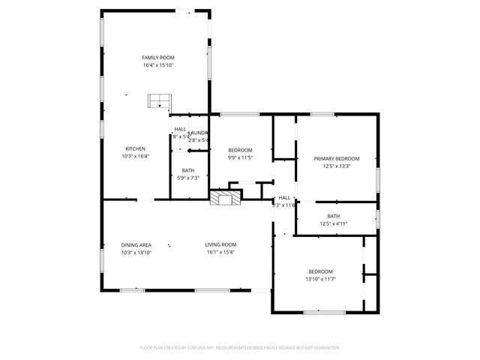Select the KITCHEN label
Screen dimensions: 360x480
(135, 148)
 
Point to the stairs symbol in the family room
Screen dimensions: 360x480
(159, 100)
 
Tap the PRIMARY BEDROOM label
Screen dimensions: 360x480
(336, 158)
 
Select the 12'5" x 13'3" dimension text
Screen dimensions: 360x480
(336, 166)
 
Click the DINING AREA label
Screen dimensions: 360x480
(136, 244)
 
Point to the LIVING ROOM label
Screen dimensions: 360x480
(221, 244)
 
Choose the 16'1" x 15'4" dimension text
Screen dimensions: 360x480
(221, 252)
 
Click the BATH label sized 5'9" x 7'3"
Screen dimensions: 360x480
(187, 170)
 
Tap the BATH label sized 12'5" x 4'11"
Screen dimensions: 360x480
(334, 216)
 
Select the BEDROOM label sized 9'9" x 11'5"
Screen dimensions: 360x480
(240, 150)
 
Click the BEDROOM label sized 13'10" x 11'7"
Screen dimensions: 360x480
(320, 271)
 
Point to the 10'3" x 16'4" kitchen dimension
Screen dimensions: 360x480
(135, 156)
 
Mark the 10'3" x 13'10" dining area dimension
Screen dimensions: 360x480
(136, 252)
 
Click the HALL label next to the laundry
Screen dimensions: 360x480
(180, 130)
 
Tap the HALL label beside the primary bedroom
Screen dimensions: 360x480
(284, 197)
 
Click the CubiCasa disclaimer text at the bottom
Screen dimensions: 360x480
(240, 348)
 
